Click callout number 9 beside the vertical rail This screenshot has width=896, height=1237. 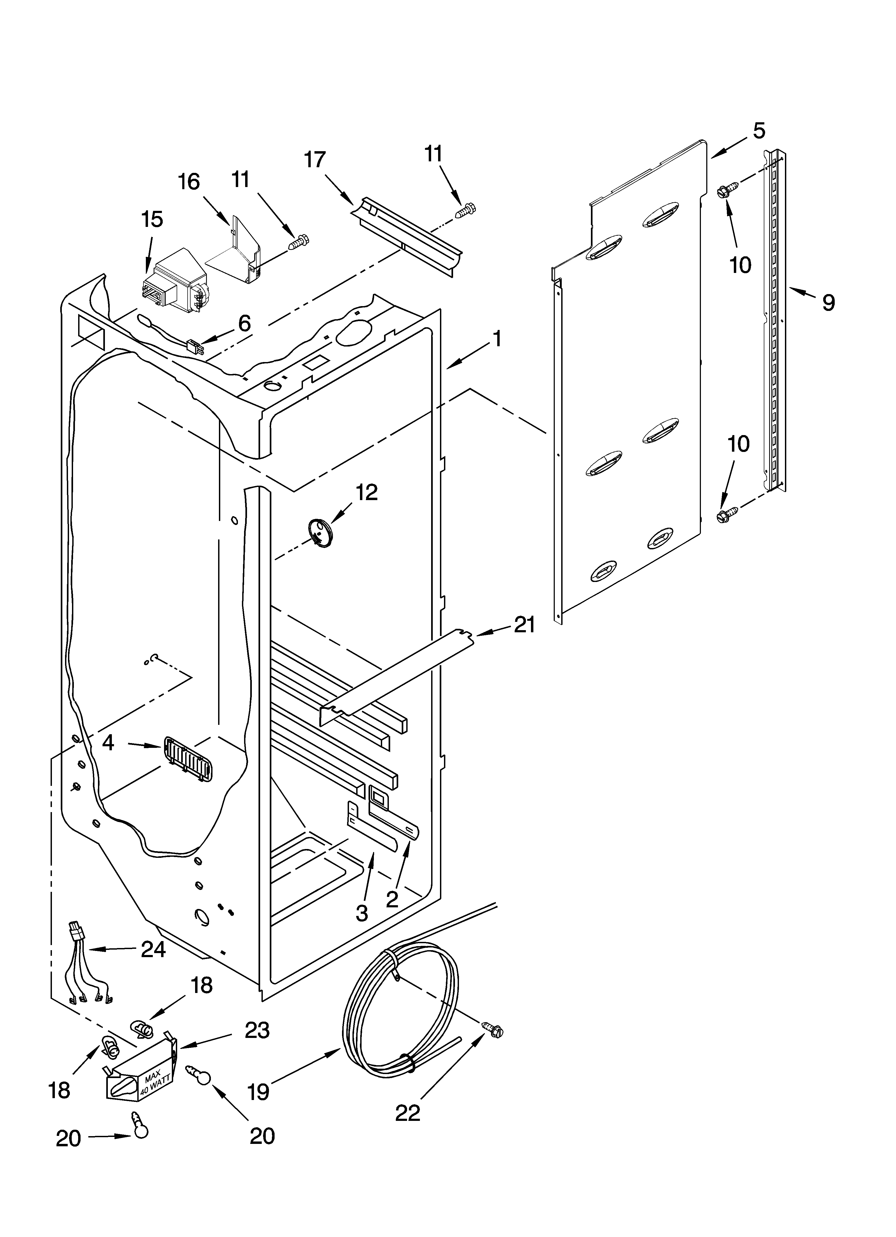828,302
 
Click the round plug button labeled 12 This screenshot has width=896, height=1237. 321,532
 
